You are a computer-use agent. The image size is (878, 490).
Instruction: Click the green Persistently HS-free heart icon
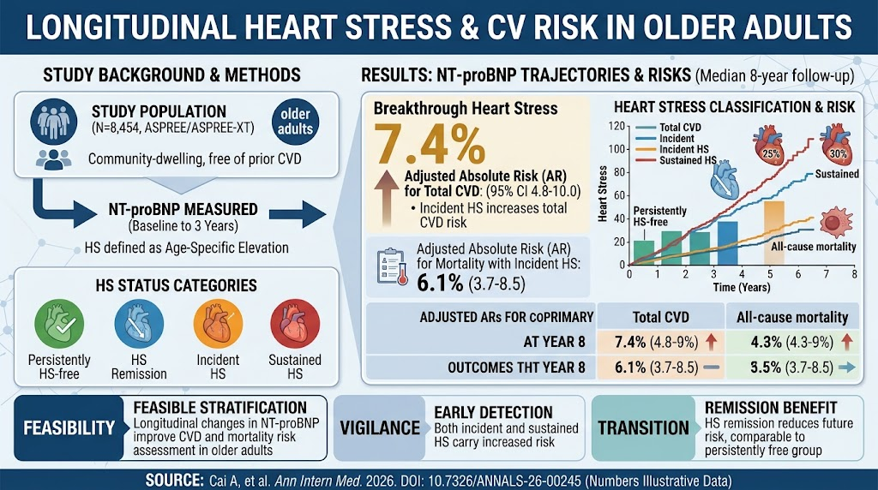[x=59, y=324]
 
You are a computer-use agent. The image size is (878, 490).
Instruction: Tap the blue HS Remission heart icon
[x=139, y=324]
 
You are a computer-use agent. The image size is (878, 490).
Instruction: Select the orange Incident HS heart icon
[x=218, y=324]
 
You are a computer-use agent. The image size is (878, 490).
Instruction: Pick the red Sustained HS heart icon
[x=295, y=324]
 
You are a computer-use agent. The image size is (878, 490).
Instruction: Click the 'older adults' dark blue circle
[x=295, y=122]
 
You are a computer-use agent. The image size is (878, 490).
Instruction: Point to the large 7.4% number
[x=429, y=144]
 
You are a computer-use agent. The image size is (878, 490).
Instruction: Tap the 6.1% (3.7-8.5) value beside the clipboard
[x=471, y=284]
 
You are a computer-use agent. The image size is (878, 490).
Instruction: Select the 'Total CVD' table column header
[x=661, y=317]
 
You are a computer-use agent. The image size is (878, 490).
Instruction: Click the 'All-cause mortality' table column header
[x=791, y=317]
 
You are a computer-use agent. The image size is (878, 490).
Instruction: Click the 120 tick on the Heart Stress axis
[x=616, y=126]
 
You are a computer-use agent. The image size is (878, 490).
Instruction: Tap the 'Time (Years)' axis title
[x=742, y=288]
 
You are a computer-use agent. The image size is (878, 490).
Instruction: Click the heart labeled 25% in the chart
[x=769, y=146]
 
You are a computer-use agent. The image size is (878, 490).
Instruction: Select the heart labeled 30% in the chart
[x=837, y=144]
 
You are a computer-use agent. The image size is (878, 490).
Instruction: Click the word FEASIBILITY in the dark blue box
[x=69, y=428]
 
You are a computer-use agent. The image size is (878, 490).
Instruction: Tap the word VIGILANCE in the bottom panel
[x=380, y=428]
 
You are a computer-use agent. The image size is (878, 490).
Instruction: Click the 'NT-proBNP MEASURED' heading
[x=183, y=210]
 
